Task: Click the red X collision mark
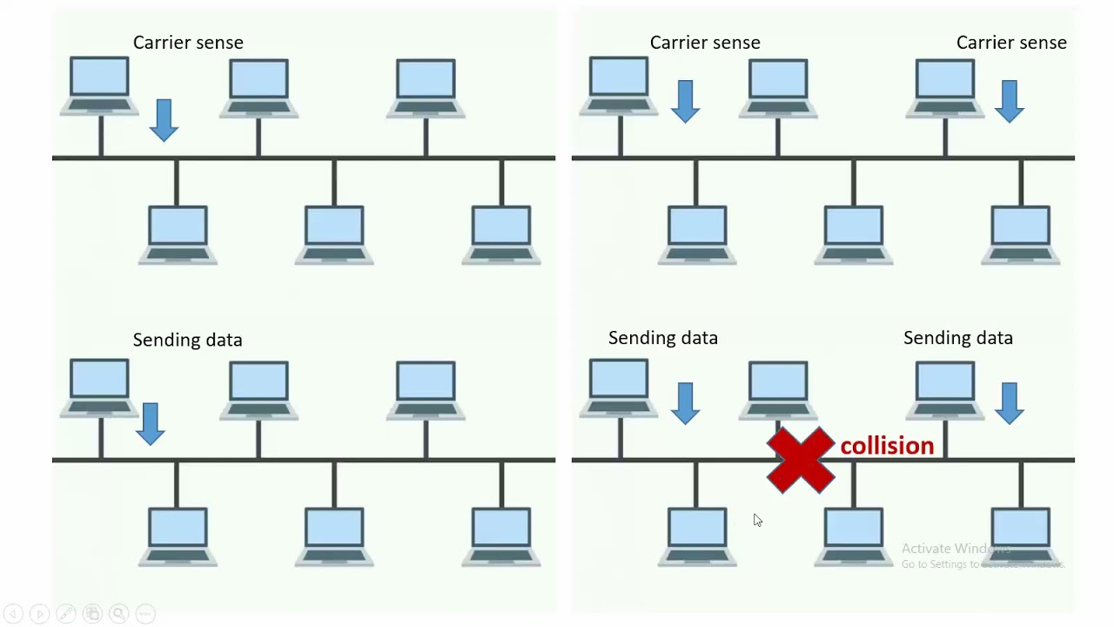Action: [801, 460]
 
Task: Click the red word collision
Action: [887, 446]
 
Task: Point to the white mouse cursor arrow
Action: [757, 520]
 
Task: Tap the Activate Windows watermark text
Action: [956, 549]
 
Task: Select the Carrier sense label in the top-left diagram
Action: [188, 43]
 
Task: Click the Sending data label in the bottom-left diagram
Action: [187, 340]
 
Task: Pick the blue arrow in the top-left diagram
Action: [164, 119]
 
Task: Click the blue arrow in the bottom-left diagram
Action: [151, 423]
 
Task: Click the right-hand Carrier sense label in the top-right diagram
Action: [1011, 43]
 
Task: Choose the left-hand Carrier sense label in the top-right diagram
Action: [705, 43]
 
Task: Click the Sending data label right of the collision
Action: [958, 338]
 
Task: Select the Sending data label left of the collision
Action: [663, 338]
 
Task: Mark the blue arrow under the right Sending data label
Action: [1010, 403]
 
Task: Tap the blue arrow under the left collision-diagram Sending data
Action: [686, 403]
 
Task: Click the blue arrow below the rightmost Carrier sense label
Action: [1010, 101]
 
